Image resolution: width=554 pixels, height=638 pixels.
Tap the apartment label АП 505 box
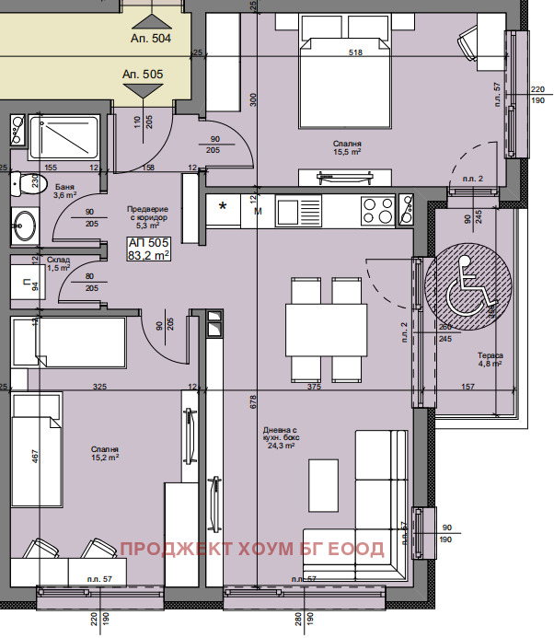[148, 249]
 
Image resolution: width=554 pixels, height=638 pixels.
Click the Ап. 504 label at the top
[143, 40]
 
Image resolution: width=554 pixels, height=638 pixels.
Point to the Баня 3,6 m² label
[64, 191]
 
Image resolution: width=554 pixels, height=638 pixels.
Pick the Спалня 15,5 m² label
[346, 148]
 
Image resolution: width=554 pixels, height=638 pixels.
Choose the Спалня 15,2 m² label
[104, 454]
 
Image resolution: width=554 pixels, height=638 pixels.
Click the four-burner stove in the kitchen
[377, 211]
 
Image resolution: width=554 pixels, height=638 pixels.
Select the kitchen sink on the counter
[293, 211]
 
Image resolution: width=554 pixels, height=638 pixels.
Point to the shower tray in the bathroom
[63, 139]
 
